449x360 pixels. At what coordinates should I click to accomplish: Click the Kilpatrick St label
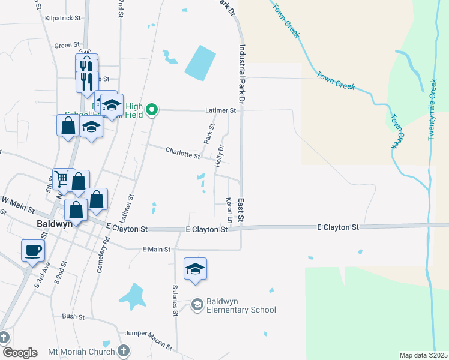pos(62,18)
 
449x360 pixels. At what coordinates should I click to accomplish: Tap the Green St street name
pos(67,45)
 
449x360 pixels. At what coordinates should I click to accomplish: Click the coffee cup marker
pos(32,250)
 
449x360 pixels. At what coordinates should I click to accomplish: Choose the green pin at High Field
pos(152,109)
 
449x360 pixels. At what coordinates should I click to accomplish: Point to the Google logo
pos(19,353)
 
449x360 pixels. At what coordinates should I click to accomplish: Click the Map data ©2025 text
pos(423,355)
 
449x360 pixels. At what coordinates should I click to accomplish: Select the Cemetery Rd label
pos(103,254)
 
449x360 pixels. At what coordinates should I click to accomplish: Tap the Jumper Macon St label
pos(148,340)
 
